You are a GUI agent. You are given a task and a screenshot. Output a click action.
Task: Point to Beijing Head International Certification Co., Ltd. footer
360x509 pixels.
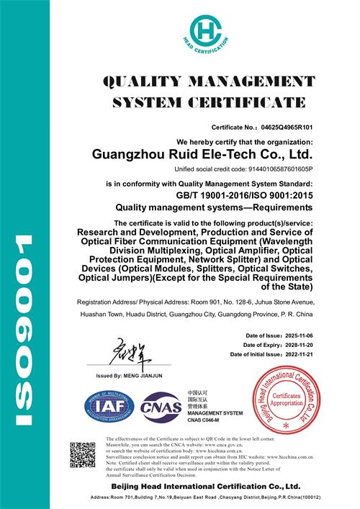(206, 487)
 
